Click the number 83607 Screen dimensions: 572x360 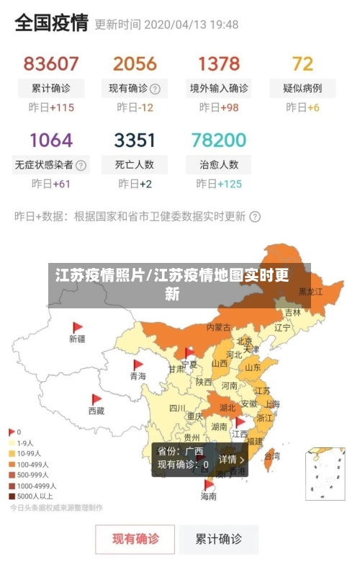point(51,64)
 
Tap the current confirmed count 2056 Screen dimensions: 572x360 point(135,64)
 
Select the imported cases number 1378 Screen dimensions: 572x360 point(219,64)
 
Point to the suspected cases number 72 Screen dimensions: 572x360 point(302,64)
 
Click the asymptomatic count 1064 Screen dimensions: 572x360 point(51,140)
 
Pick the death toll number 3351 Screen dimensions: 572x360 point(135,140)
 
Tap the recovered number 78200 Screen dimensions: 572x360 point(219,140)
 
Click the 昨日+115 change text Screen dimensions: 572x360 point(51,108)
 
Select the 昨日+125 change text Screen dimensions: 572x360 point(219,184)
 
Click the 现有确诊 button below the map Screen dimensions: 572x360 point(135,538)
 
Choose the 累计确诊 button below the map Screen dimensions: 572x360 point(220,538)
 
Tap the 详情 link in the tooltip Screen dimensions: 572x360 point(231,459)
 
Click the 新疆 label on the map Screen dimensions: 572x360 point(77,339)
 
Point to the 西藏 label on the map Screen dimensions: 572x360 point(96,411)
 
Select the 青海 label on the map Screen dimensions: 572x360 point(138,376)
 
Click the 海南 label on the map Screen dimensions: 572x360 point(208,496)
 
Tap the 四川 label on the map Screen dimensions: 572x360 point(177,408)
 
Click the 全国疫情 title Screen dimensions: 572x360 point(51,23)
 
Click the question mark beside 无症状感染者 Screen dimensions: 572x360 point(81,165)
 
